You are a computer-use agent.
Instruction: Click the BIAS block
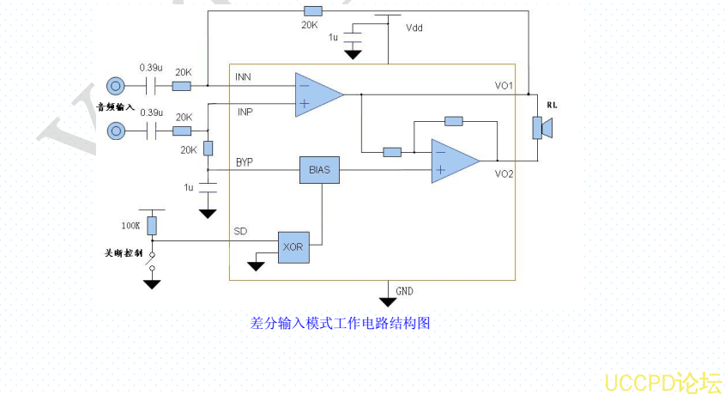319,170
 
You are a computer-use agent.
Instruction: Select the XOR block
293,246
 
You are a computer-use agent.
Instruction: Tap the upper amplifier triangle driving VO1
317,94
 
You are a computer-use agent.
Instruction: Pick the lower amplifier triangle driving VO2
453,161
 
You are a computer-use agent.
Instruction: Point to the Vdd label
414,27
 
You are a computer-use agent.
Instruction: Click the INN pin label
243,78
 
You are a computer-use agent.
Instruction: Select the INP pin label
245,112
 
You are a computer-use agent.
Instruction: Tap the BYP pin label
245,162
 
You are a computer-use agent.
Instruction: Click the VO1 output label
504,86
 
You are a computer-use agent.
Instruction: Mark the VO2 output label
504,174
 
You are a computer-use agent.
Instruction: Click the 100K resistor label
130,226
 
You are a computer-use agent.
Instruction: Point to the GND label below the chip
404,292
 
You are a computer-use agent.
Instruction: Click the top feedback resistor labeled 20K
313,11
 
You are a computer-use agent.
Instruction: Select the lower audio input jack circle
115,131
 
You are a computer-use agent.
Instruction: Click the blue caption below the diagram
340,323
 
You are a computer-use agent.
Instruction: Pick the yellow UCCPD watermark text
662,381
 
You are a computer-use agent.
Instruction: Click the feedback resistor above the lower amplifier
454,121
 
